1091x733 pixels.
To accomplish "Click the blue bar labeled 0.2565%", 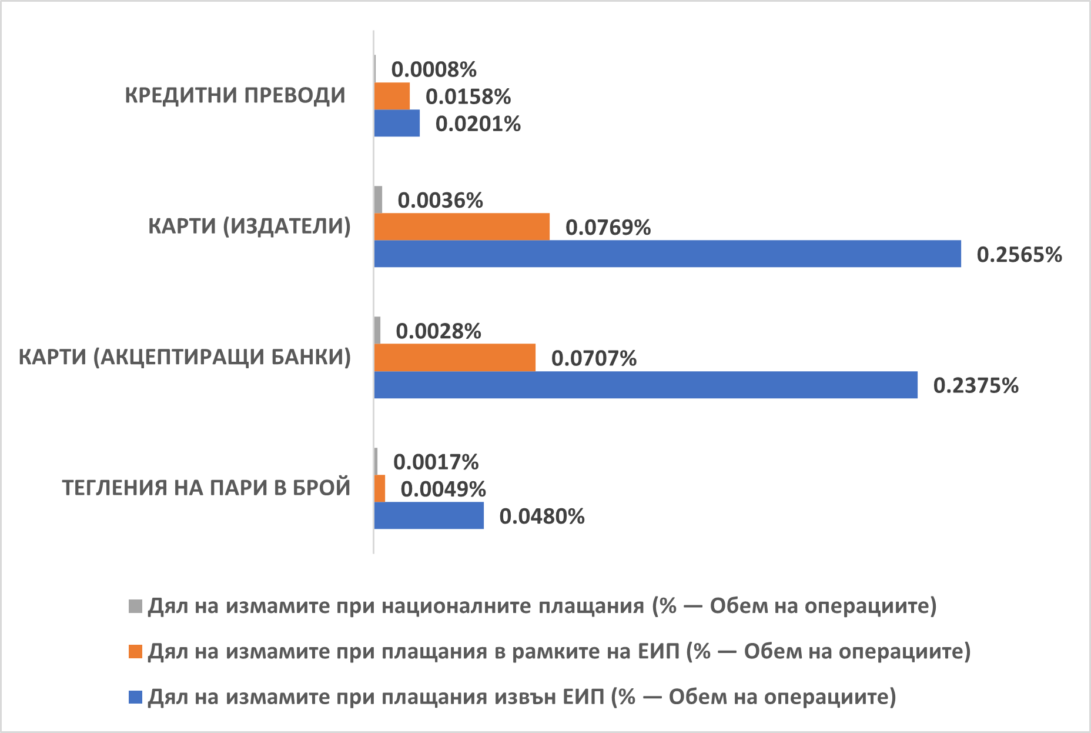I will [667, 254].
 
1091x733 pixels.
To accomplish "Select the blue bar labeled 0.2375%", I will [645, 385].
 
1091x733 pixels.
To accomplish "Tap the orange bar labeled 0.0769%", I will [462, 226].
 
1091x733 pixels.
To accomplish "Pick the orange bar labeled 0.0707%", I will [455, 358].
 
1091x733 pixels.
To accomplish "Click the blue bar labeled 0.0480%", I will [429, 515].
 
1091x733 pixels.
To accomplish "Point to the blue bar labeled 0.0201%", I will [397, 123].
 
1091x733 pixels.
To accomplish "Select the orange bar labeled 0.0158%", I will [392, 96].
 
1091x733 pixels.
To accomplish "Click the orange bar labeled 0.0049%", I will [380, 488].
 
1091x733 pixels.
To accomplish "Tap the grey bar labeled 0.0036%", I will [379, 199].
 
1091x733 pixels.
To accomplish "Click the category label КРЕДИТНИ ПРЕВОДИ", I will [235, 95].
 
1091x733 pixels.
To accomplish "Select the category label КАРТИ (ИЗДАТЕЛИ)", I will [249, 226].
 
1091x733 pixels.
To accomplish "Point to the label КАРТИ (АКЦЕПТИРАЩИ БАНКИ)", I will [185, 357].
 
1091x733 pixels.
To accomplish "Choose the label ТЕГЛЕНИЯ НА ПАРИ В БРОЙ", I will [206, 488].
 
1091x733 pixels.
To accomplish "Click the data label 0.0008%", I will [434, 69].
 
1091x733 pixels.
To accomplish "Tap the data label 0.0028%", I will [439, 331].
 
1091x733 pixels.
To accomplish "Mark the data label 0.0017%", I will [436, 462].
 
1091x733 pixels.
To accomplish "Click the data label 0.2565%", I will [1019, 254].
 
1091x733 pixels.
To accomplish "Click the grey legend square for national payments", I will [135, 606].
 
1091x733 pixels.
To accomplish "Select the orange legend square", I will [135, 652].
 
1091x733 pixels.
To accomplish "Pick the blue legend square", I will [135, 697].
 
